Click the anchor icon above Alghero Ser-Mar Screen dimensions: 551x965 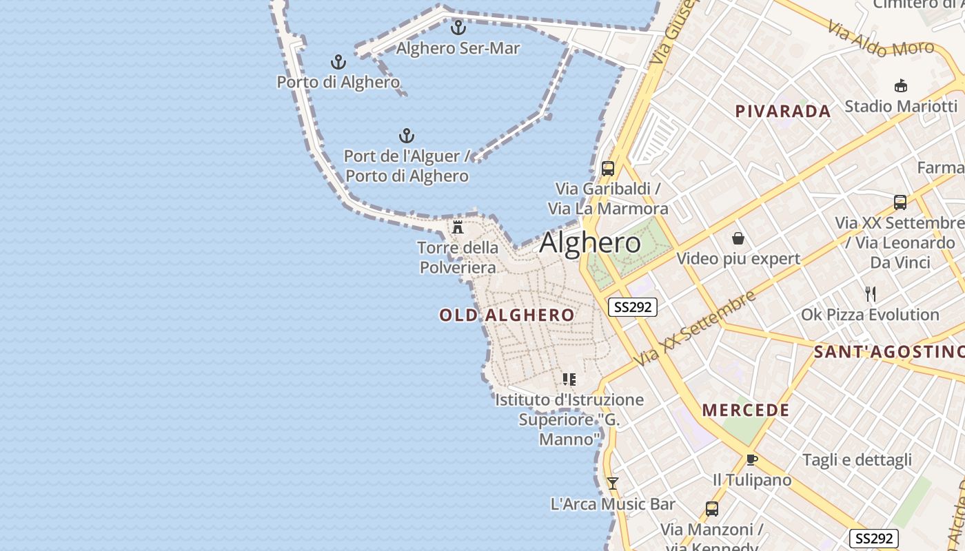[x=458, y=28]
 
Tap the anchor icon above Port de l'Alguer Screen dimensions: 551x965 [x=407, y=136]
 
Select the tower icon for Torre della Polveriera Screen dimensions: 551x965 [x=458, y=227]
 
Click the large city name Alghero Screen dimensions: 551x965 [x=590, y=242]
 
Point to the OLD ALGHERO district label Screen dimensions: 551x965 [x=507, y=315]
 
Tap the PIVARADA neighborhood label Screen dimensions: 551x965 [x=782, y=111]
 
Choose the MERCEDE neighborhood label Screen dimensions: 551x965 [x=746, y=410]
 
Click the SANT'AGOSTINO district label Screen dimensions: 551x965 [x=889, y=352]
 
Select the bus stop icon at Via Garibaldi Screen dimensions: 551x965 [x=608, y=169]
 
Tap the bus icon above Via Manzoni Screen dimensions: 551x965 [x=712, y=509]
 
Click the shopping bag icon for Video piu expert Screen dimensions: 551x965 [x=738, y=239]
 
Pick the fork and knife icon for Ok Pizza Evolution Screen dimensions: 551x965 [x=870, y=294]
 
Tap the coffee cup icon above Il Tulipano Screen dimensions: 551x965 [x=751, y=459]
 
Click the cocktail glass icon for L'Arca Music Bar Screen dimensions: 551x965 [x=612, y=484]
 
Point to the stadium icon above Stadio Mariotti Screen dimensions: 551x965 [x=900, y=86]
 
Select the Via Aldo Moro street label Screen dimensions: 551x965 [x=881, y=39]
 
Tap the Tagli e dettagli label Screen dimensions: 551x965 [x=857, y=460]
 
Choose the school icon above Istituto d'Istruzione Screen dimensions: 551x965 [x=569, y=380]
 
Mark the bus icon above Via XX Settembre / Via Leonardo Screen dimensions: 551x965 [x=900, y=202]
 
